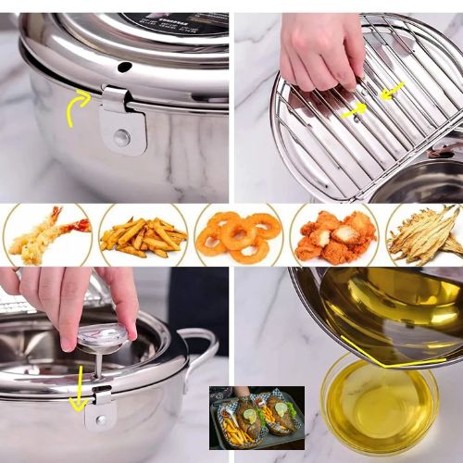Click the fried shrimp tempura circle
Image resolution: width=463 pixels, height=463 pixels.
pyautogui.click(x=47, y=234)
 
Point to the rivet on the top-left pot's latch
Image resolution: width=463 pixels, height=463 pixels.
pyautogui.click(x=121, y=138)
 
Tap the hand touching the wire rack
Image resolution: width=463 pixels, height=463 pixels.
pyautogui.click(x=319, y=51)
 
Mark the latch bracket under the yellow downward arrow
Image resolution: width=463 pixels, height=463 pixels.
pyautogui.click(x=100, y=407)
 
